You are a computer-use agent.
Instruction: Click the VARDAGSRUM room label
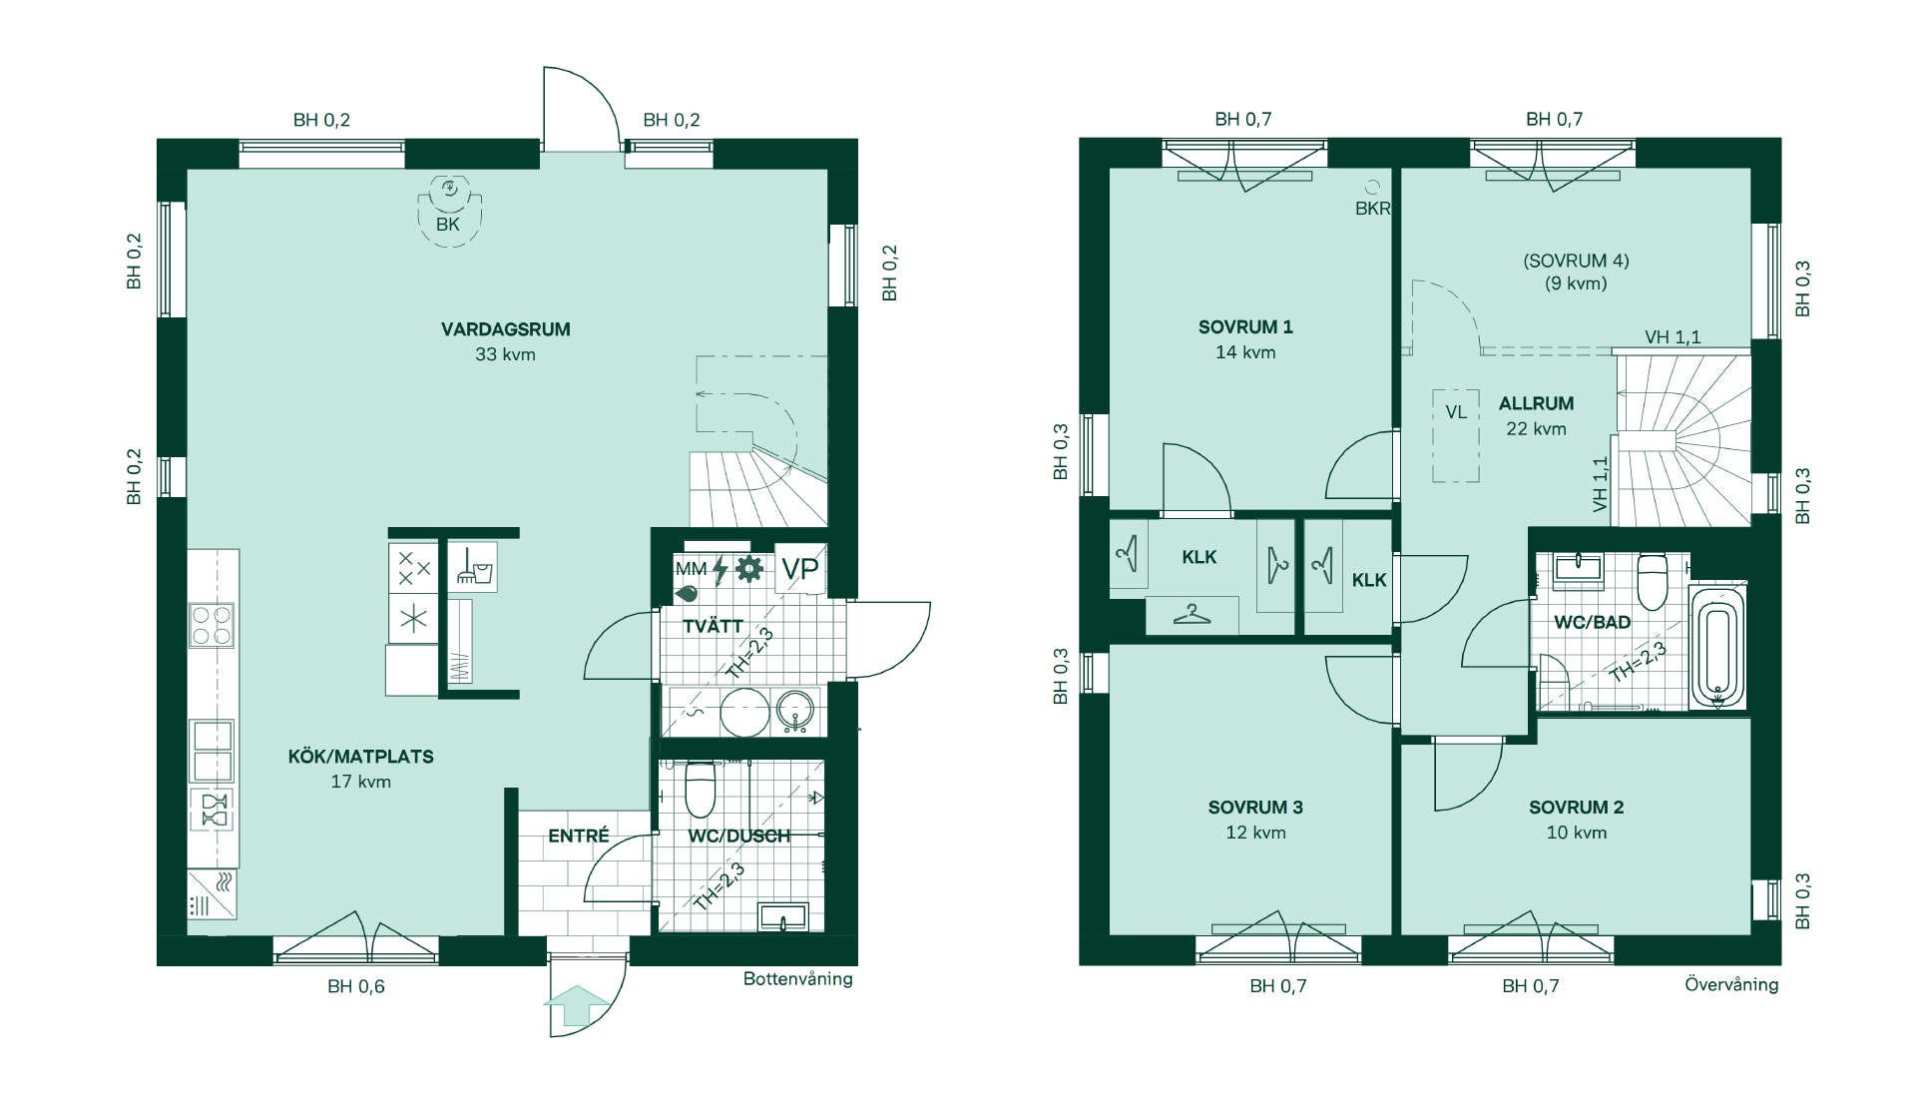tap(506, 329)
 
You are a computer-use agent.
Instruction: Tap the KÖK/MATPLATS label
tap(361, 757)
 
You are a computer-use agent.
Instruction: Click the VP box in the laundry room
tap(799, 569)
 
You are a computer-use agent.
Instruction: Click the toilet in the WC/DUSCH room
tap(701, 789)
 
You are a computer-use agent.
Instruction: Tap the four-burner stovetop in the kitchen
tap(212, 625)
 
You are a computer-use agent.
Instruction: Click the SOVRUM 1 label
tap(1245, 327)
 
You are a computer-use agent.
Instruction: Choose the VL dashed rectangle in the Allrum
tap(1456, 434)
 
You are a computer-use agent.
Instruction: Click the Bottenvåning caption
tap(798, 979)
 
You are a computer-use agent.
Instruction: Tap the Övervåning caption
tap(1731, 985)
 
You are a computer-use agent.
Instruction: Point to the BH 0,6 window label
tap(356, 987)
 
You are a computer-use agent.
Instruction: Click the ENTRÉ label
tap(579, 837)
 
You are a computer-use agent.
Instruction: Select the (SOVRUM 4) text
tap(1576, 261)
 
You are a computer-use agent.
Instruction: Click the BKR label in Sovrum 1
tap(1372, 209)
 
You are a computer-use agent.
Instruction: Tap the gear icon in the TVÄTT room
tap(748, 569)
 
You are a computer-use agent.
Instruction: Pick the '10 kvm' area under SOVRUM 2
tap(1577, 833)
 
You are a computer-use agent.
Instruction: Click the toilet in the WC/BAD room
tap(1653, 581)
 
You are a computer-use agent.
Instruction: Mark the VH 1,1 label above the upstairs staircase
tap(1673, 337)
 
